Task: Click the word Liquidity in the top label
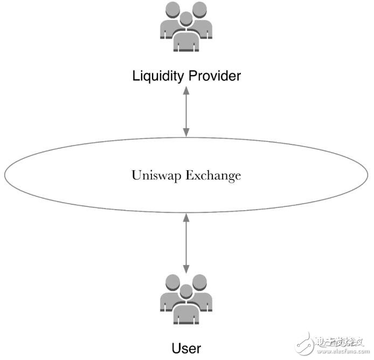click(x=158, y=76)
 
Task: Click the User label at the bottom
click(x=186, y=348)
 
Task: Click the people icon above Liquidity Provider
click(x=186, y=28)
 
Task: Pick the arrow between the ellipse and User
click(x=186, y=243)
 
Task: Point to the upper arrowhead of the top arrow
click(x=186, y=92)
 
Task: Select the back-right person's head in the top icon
click(x=200, y=10)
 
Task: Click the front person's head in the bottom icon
click(x=186, y=291)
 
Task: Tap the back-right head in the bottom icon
click(x=200, y=281)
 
